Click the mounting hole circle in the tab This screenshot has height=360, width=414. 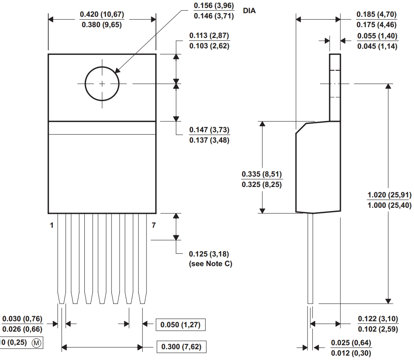102,84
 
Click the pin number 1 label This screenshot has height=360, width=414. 52,226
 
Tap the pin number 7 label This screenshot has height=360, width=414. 153,226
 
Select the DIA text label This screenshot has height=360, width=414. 249,11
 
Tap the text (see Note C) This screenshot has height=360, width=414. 210,264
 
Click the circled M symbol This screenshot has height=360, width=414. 36,343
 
